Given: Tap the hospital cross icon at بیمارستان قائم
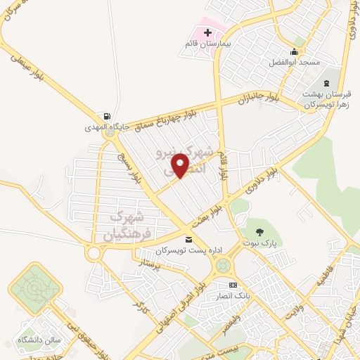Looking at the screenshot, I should coord(207,33).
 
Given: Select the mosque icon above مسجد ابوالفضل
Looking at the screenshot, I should coord(293,51).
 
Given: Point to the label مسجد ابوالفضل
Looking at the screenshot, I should coord(294,62).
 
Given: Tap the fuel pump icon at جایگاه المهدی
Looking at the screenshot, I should coord(105,117).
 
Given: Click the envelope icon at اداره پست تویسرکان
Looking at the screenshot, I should coord(187,241).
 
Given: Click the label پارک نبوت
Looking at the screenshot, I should coord(261,243).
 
